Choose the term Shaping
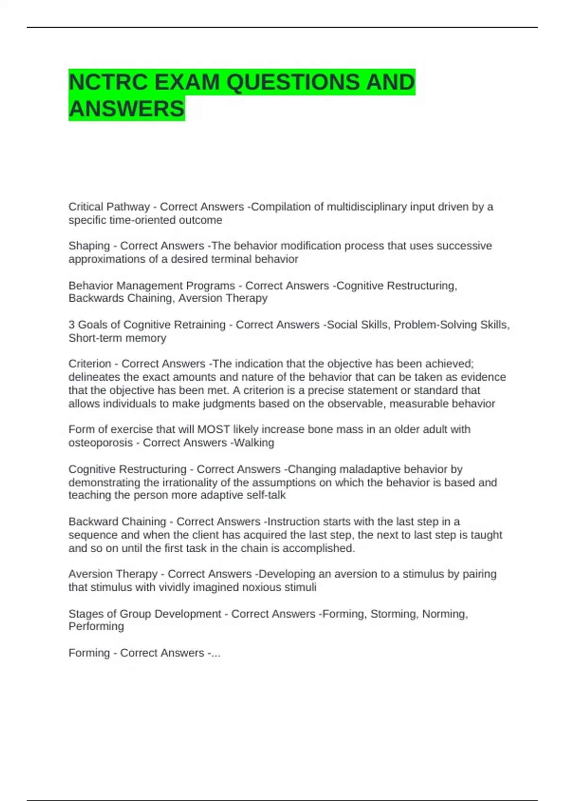(89, 246)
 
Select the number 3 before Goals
(72, 325)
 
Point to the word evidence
(483, 377)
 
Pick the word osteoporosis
(101, 442)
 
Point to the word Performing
(96, 626)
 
